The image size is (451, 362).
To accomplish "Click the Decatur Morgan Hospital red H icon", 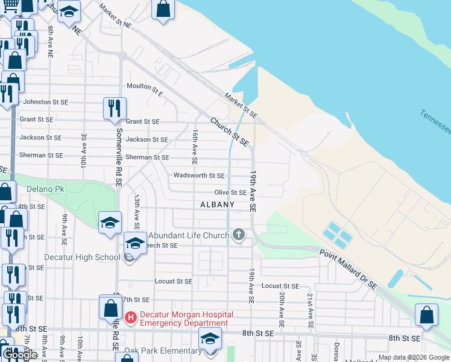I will tap(130, 316).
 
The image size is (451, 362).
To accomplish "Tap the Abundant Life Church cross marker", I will tap(239, 235).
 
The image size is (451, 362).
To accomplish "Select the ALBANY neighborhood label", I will tap(217, 205).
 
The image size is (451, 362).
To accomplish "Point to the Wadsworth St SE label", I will tap(199, 176).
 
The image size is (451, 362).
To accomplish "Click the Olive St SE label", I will tap(230, 192).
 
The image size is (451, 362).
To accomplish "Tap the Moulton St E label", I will tap(144, 89).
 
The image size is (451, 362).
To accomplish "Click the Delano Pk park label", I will tap(45, 189).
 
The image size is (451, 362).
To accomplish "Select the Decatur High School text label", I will tap(83, 257).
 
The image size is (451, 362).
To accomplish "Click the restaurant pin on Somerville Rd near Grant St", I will tap(115, 108).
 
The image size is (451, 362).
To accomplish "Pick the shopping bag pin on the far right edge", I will tap(427, 315).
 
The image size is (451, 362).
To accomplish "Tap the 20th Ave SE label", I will tap(282, 306).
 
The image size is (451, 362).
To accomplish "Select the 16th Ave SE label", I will tap(195, 147).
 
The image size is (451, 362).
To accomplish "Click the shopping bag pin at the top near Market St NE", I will tap(163, 9).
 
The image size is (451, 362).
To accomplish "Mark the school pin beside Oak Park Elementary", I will tap(210, 340).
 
